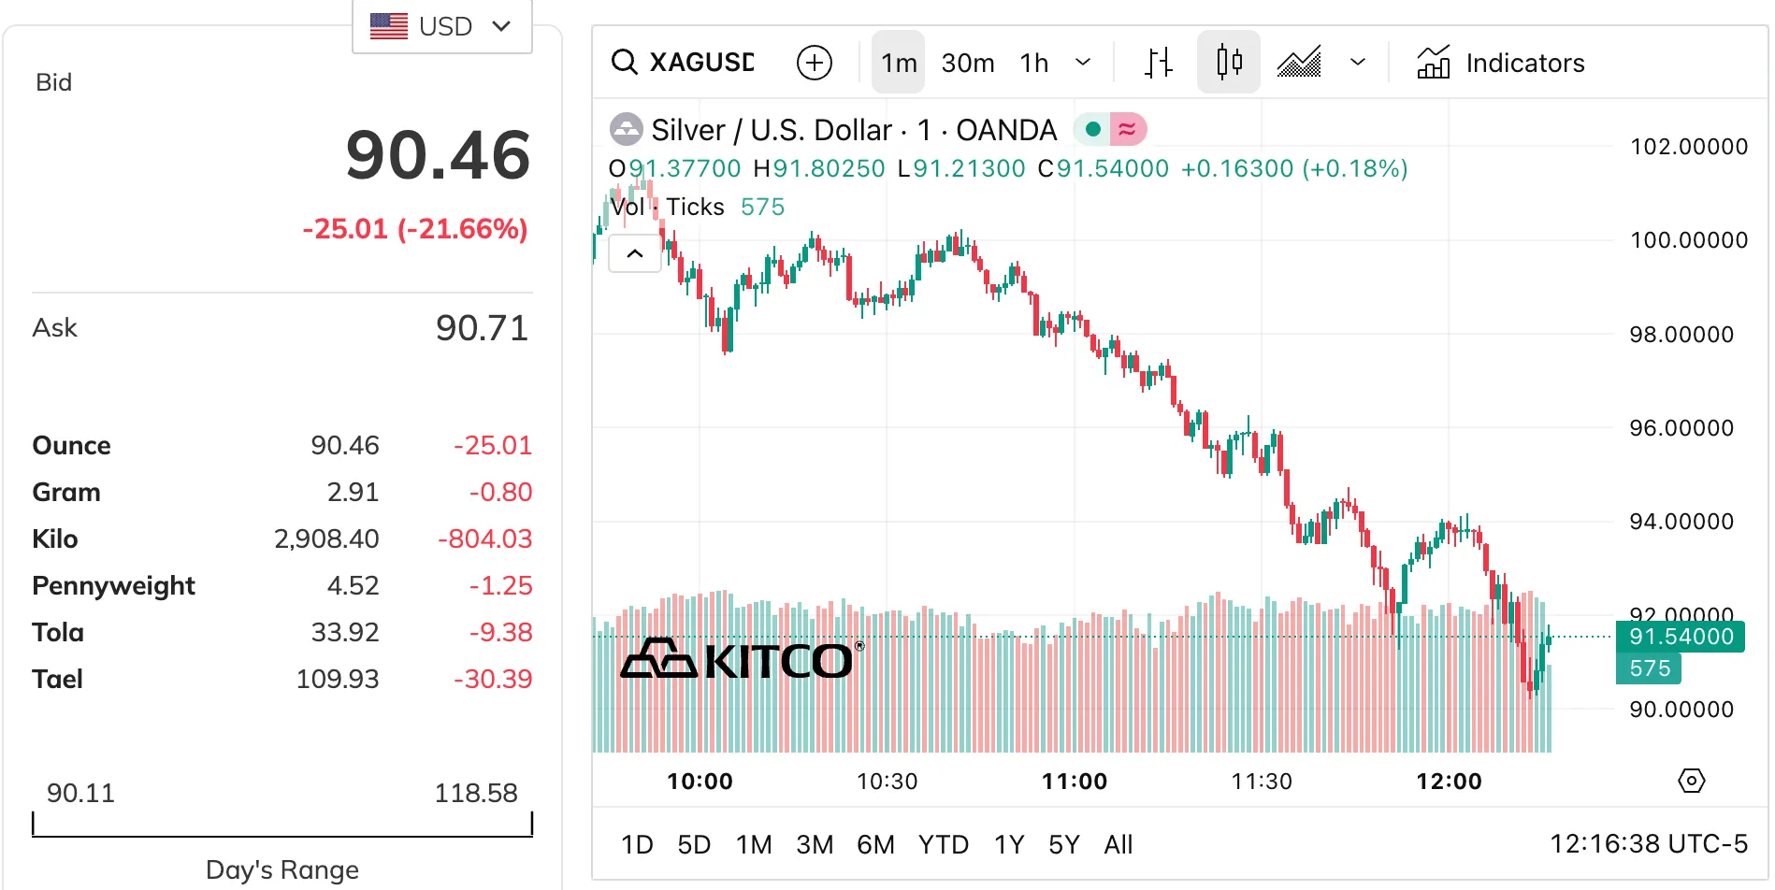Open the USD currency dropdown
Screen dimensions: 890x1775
pos(441,26)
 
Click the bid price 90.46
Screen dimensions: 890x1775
pos(438,155)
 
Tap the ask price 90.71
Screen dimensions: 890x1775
pos(482,328)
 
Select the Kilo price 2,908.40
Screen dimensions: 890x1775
pos(326,538)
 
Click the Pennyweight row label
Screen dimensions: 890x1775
pos(113,585)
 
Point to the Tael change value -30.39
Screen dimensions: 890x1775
pos(492,679)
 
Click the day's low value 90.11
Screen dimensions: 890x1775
pos(80,793)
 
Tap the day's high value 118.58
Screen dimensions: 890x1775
pos(475,793)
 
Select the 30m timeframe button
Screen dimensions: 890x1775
pos(967,63)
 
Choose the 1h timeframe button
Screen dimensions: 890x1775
pos(1033,63)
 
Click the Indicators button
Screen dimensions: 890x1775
pos(1501,63)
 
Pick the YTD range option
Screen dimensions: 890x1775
pos(943,845)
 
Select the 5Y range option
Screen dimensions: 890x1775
pos(1063,845)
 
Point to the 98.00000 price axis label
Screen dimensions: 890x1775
pos(1681,335)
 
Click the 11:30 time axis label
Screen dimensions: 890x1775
pos(1262,782)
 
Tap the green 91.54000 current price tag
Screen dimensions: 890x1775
pos(1681,637)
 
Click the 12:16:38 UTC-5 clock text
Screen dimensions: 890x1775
pos(1648,844)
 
